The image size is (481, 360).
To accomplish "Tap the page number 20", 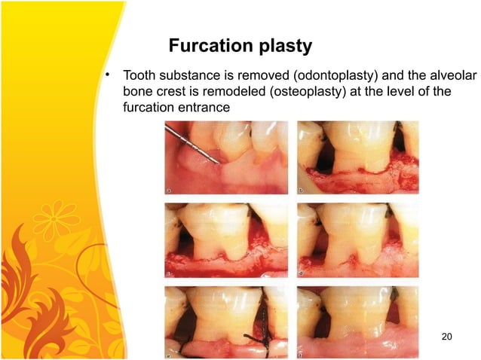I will (446, 336).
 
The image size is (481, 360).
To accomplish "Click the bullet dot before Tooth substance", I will (109, 75).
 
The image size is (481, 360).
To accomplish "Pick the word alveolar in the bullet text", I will (429, 76).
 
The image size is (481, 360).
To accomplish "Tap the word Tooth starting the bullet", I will (138, 76).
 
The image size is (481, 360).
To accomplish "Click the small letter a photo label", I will (169, 191).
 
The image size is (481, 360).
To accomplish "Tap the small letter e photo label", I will (169, 351).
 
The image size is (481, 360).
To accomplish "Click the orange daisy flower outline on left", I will (54, 218).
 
